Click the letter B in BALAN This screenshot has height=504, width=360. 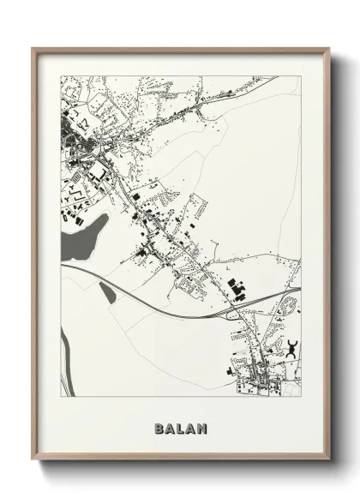coord(159,427)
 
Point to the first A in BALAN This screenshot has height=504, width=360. coord(170,427)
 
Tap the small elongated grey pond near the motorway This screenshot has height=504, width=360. coord(107,292)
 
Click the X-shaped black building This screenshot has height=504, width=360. coord(291,347)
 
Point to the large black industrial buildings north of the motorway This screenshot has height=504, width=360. coord(235,289)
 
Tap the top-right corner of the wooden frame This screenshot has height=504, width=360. coord(328,50)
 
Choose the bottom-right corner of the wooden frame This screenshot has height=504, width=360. coord(328,461)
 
